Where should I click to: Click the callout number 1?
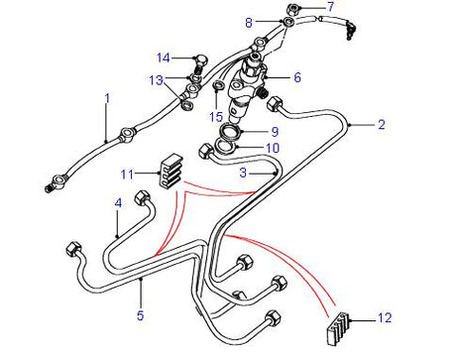click(x=108, y=97)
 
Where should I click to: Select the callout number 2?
click(x=380, y=125)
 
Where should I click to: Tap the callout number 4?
click(x=118, y=201)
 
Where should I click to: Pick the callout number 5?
click(x=141, y=315)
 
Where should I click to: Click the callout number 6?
click(x=296, y=76)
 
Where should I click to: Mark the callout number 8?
click(x=250, y=21)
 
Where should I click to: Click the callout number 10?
click(x=274, y=149)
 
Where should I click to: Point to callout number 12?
click(x=386, y=318)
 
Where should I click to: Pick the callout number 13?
click(x=156, y=79)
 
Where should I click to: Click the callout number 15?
click(x=215, y=117)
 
